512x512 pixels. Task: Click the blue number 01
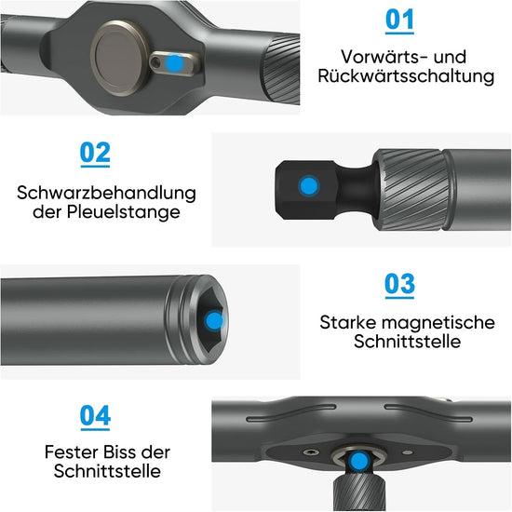(399, 20)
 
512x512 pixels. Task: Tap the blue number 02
(95, 153)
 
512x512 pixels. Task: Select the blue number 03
(399, 284)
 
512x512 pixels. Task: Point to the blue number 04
(95, 415)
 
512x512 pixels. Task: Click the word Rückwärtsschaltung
(406, 76)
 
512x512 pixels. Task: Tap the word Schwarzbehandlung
(106, 193)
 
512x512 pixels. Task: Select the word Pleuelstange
(124, 212)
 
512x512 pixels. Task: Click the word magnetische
(438, 323)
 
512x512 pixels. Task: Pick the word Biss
(116, 452)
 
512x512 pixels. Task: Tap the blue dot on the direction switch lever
(174, 63)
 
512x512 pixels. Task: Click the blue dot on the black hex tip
(308, 186)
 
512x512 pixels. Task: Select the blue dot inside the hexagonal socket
(214, 320)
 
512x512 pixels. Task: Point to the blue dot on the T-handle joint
(359, 461)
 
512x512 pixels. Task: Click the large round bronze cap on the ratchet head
(120, 58)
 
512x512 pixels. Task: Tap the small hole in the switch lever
(155, 61)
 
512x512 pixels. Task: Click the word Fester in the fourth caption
(69, 452)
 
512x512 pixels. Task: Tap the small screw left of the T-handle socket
(311, 451)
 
